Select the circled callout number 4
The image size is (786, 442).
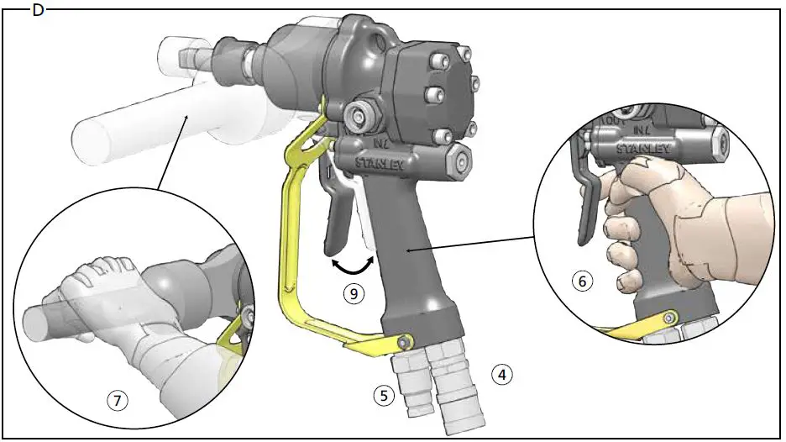click(501, 372)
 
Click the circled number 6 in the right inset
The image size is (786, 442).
click(579, 282)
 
